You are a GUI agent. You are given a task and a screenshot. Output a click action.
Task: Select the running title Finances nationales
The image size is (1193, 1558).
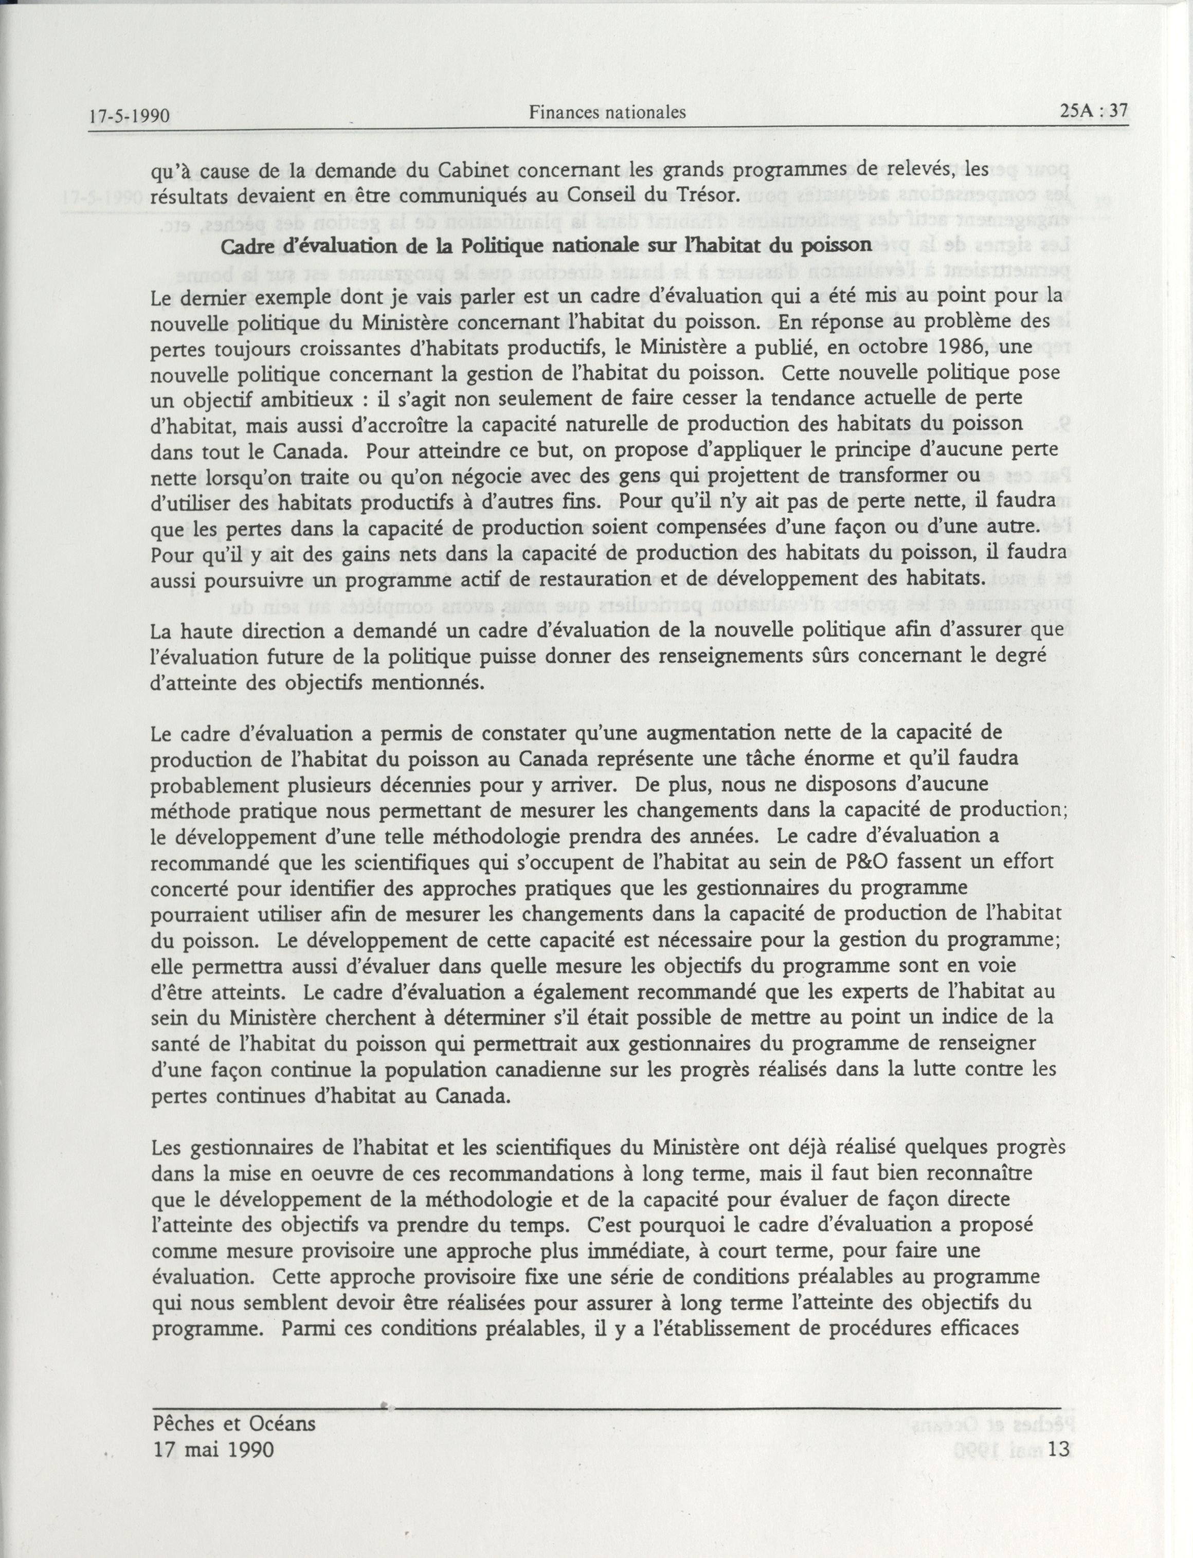[607, 112]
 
